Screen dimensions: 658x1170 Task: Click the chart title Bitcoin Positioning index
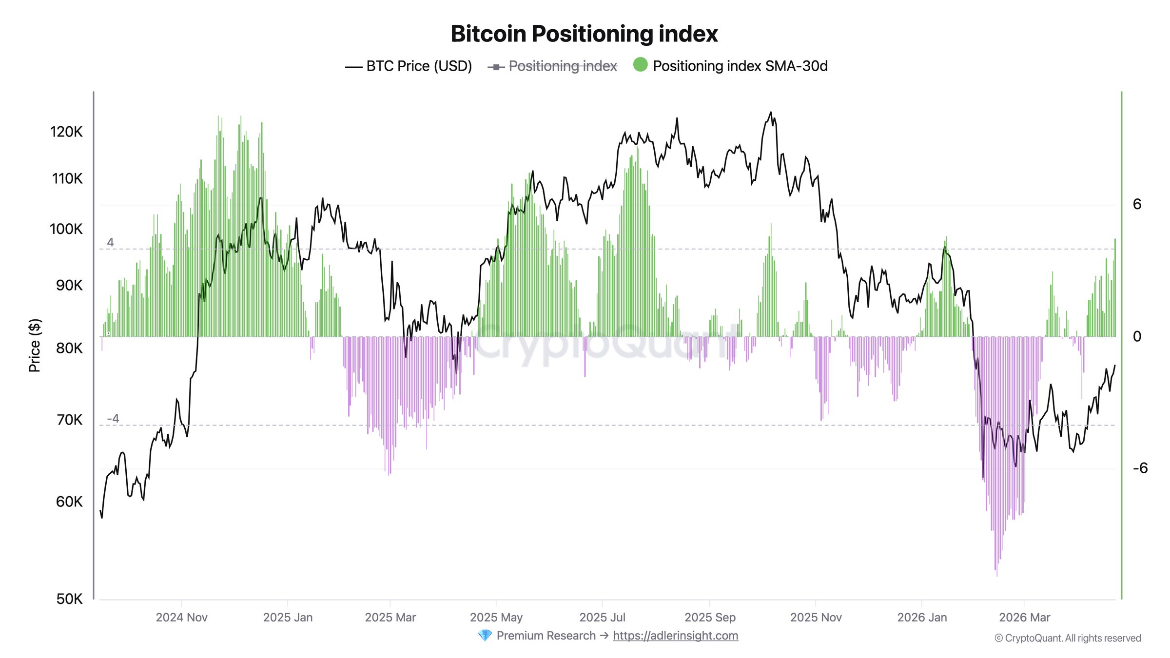tap(584, 34)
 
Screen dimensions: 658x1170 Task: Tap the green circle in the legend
tap(640, 65)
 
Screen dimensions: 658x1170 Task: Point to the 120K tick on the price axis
tap(66, 132)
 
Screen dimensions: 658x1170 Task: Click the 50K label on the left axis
tap(69, 599)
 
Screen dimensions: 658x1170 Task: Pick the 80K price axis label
tap(69, 348)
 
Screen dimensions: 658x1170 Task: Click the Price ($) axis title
tap(35, 345)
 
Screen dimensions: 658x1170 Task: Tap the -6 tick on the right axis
tap(1140, 468)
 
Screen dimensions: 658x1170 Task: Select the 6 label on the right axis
tap(1137, 204)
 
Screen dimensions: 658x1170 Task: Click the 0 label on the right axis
tap(1137, 336)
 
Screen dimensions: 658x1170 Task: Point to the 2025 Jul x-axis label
tap(602, 618)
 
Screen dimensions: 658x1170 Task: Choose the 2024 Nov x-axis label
tap(181, 618)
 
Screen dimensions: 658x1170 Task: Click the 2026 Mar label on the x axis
tap(1024, 618)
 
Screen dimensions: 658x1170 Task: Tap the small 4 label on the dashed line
tap(111, 242)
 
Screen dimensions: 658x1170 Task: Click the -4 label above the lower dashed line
tap(113, 419)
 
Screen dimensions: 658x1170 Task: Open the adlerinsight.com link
tap(675, 636)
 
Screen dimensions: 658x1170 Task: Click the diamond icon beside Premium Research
tap(485, 636)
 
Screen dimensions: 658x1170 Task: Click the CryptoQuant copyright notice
tap(1068, 638)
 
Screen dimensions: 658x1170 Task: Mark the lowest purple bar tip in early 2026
tap(997, 576)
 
